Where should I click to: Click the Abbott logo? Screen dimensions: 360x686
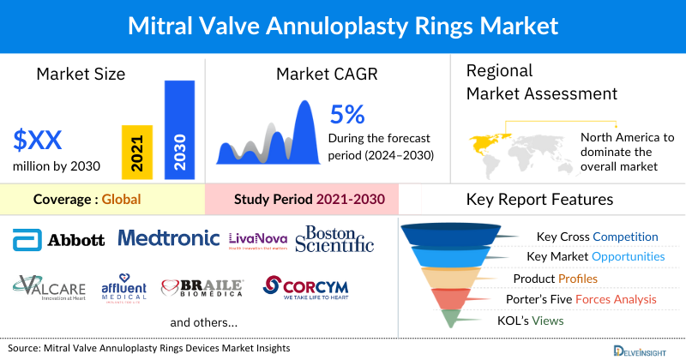coord(59,240)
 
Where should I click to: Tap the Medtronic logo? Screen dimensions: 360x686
coord(169,237)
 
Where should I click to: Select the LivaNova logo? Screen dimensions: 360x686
coord(257,240)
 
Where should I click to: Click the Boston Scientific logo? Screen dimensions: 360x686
coord(334,239)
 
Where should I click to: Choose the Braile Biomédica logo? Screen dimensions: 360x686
coord(203,289)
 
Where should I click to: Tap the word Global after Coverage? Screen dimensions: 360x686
coord(121,200)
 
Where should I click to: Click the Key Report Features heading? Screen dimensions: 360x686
coord(539,200)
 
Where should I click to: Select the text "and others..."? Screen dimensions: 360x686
coord(204,323)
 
